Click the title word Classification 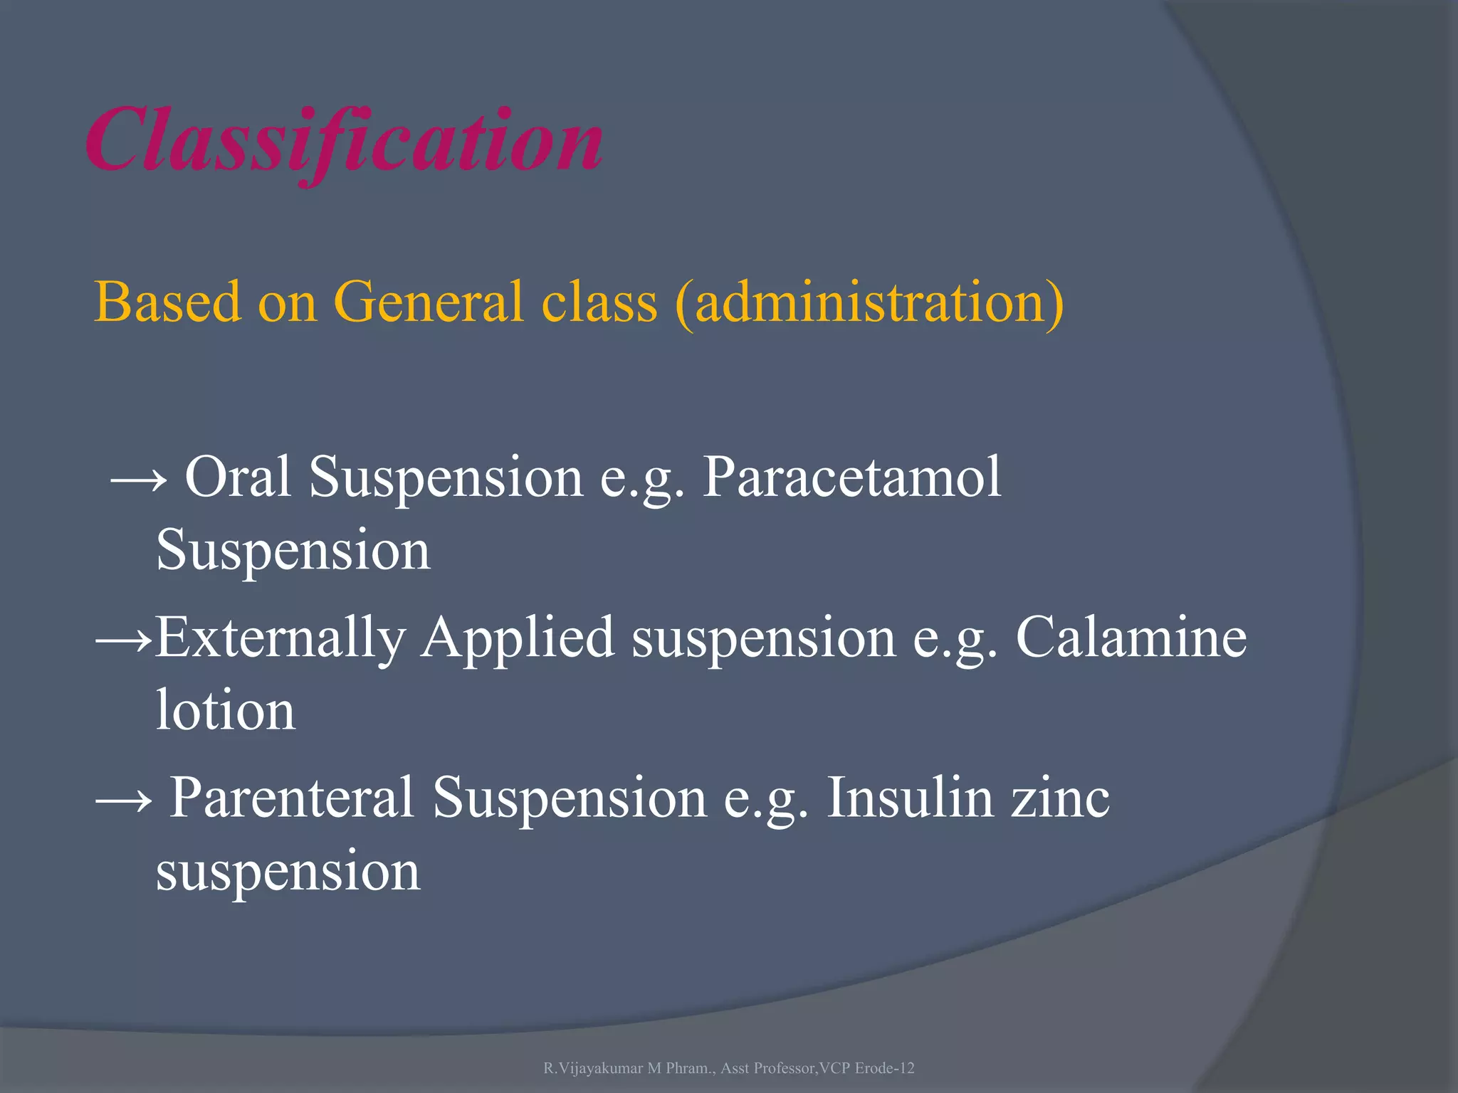tap(345, 140)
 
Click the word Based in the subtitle tap(168, 302)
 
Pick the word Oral tap(238, 477)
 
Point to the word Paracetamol tap(851, 477)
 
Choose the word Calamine tap(1131, 636)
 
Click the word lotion tap(225, 710)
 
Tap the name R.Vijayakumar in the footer tap(593, 1068)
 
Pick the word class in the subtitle tap(599, 302)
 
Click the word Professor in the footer tap(784, 1068)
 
